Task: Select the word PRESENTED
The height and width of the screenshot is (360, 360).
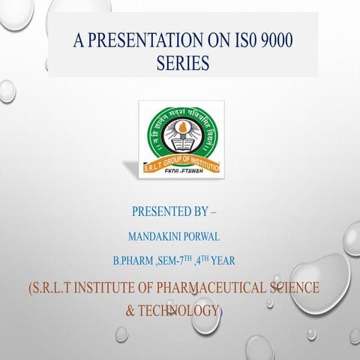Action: (169, 213)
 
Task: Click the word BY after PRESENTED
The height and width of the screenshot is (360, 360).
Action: (214, 213)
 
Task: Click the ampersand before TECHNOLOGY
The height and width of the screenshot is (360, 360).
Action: (132, 310)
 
